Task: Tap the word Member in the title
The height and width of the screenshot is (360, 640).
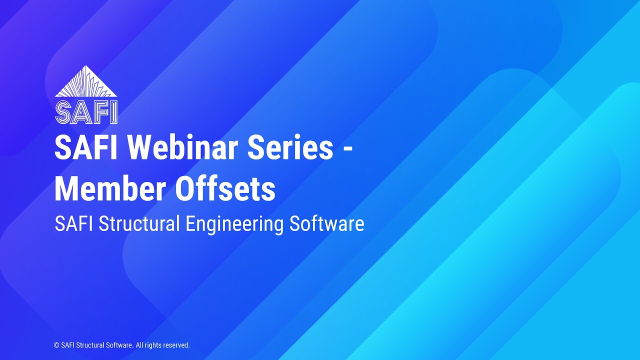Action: tap(110, 189)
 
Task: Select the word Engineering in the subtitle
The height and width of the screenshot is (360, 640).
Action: tap(234, 223)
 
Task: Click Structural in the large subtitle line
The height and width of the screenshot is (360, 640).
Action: tap(139, 223)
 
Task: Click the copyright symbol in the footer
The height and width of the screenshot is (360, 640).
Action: tap(56, 345)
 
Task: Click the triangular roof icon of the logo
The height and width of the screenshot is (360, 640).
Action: tap(86, 82)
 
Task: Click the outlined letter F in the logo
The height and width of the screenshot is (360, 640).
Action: tap(100, 112)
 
